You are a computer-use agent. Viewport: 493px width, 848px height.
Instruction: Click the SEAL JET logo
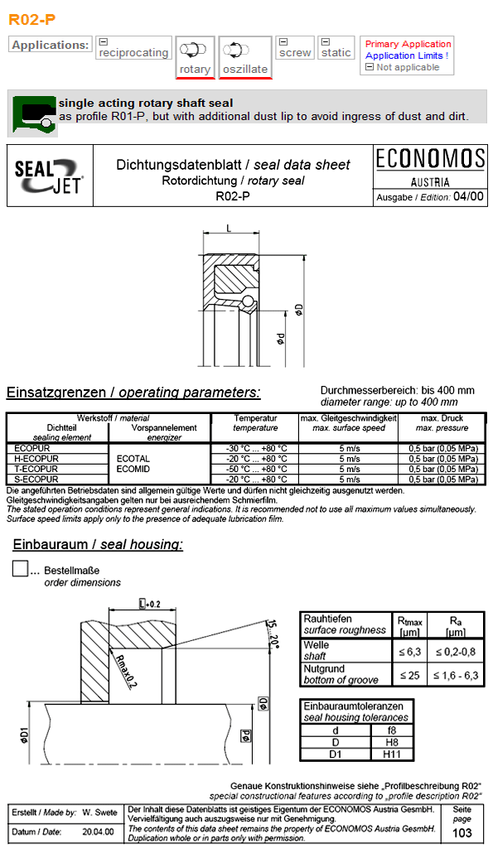[x=49, y=176]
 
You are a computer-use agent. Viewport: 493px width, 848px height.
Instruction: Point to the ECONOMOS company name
[x=429, y=159]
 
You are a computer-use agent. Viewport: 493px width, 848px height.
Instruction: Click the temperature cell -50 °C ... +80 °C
[x=256, y=469]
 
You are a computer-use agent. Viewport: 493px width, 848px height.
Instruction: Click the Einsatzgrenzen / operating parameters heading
[x=133, y=393]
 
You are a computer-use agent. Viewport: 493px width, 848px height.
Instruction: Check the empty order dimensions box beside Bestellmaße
[x=21, y=570]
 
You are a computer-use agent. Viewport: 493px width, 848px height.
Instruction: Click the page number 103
[x=462, y=833]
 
